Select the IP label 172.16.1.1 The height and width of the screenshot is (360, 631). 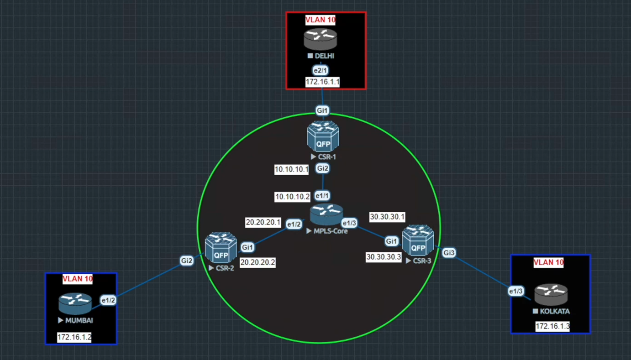pos(323,82)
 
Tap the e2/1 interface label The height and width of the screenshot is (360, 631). pos(321,70)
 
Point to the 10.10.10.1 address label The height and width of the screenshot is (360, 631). pos(292,170)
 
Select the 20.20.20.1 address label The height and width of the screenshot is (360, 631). pos(263,223)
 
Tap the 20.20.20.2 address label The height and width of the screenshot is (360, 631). pos(258,262)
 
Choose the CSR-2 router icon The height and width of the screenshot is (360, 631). pos(221,248)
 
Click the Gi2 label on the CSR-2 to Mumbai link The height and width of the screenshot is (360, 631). pos(187,261)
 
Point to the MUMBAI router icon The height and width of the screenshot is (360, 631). pos(75,303)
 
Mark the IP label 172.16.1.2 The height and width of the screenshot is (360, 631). pos(74,337)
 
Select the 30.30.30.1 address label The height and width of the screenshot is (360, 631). pos(388,217)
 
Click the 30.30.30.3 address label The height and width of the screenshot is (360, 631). pos(384,257)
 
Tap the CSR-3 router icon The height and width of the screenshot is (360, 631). pos(418,240)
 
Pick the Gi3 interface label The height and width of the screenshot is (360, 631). pos(449,253)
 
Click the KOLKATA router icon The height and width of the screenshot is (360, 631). pos(551,295)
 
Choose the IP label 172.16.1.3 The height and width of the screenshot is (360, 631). pos(552,326)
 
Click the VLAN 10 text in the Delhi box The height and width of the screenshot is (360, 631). pos(321,20)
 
